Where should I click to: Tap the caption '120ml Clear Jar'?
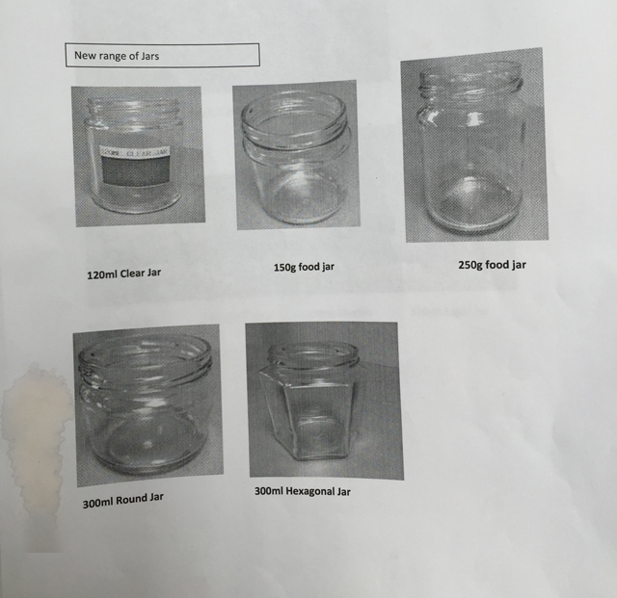tap(123, 273)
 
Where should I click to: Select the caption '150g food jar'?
tap(304, 266)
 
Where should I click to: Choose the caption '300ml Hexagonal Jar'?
tap(302, 491)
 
